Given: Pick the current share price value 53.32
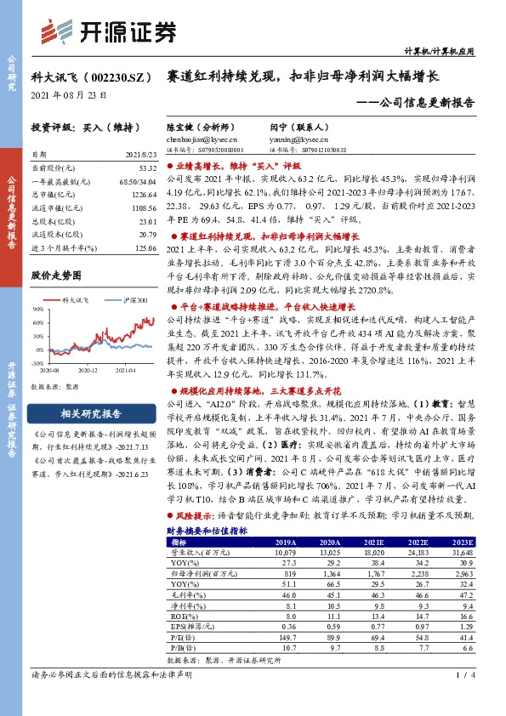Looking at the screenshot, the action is [145, 170].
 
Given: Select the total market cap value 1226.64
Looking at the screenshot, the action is [144, 195].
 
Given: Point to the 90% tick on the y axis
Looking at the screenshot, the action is [36, 309].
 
